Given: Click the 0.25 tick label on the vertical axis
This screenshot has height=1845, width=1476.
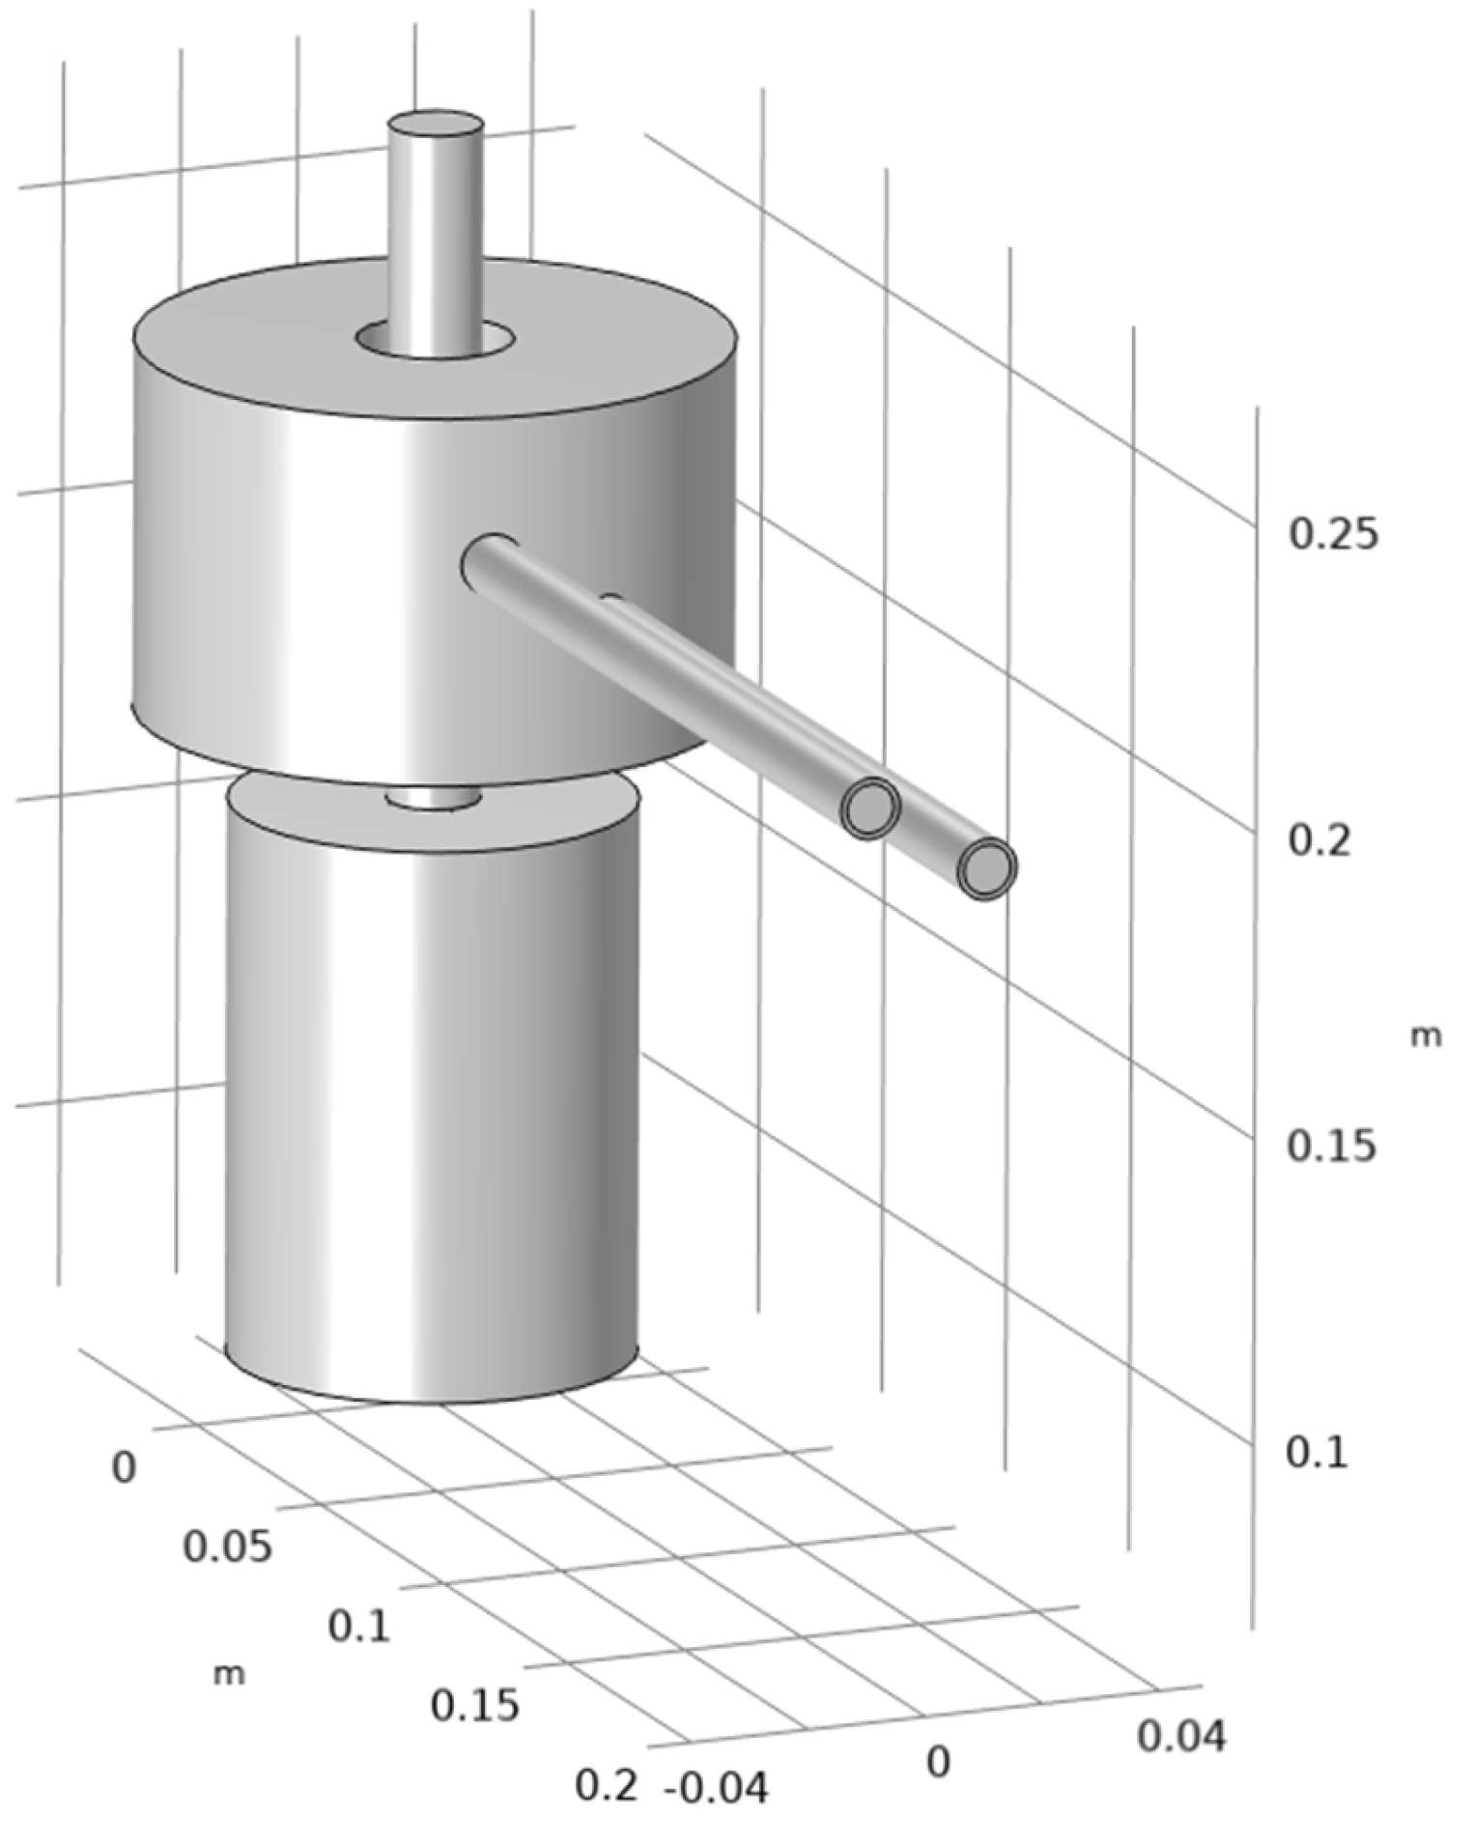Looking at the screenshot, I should click(x=1333, y=534).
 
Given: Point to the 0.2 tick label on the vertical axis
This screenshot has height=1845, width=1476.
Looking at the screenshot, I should click(x=1319, y=840).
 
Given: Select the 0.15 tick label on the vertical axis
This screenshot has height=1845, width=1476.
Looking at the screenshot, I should click(x=1331, y=1147).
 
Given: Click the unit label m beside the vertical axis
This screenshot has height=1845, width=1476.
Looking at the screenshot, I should click(x=1426, y=1036).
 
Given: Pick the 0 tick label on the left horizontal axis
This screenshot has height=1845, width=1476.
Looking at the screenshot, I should click(x=124, y=1467).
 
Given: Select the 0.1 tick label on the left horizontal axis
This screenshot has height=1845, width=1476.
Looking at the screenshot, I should click(x=358, y=1628).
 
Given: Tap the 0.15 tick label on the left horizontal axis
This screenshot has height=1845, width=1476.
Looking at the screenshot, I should click(x=474, y=1707).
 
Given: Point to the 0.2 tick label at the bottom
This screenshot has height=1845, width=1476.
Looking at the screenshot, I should click(x=607, y=1786).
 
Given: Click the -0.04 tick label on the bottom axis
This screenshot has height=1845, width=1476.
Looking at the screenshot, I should click(x=717, y=1790).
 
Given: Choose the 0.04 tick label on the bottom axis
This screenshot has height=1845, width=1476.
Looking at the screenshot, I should click(x=1180, y=1737).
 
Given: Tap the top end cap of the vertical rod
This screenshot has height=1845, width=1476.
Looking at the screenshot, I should click(x=435, y=126).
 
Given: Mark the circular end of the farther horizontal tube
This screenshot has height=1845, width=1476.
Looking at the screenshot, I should click(x=869, y=808).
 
